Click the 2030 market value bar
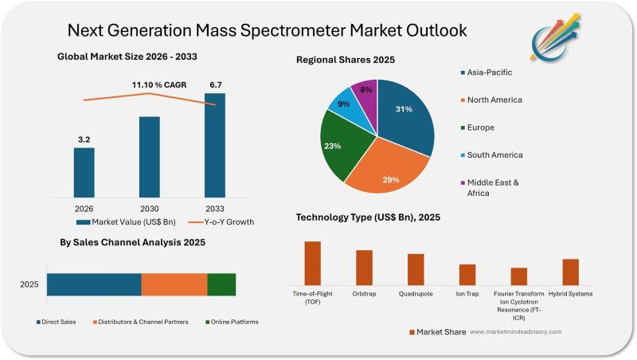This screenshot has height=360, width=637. [x=149, y=155]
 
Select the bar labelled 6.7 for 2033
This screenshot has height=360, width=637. [x=214, y=143]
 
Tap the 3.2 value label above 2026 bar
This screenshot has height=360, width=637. [x=84, y=139]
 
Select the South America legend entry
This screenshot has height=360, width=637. [x=494, y=155]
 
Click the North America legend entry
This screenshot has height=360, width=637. [x=494, y=100]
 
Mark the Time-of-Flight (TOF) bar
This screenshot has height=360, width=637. [x=312, y=263]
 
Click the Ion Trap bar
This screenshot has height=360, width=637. [x=467, y=274]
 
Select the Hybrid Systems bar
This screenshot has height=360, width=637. [x=570, y=272]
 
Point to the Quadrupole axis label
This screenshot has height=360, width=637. [x=416, y=294]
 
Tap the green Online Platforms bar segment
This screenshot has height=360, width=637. [x=221, y=284]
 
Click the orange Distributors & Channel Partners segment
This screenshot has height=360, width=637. [x=174, y=284]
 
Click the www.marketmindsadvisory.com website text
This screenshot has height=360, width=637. [x=515, y=331]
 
